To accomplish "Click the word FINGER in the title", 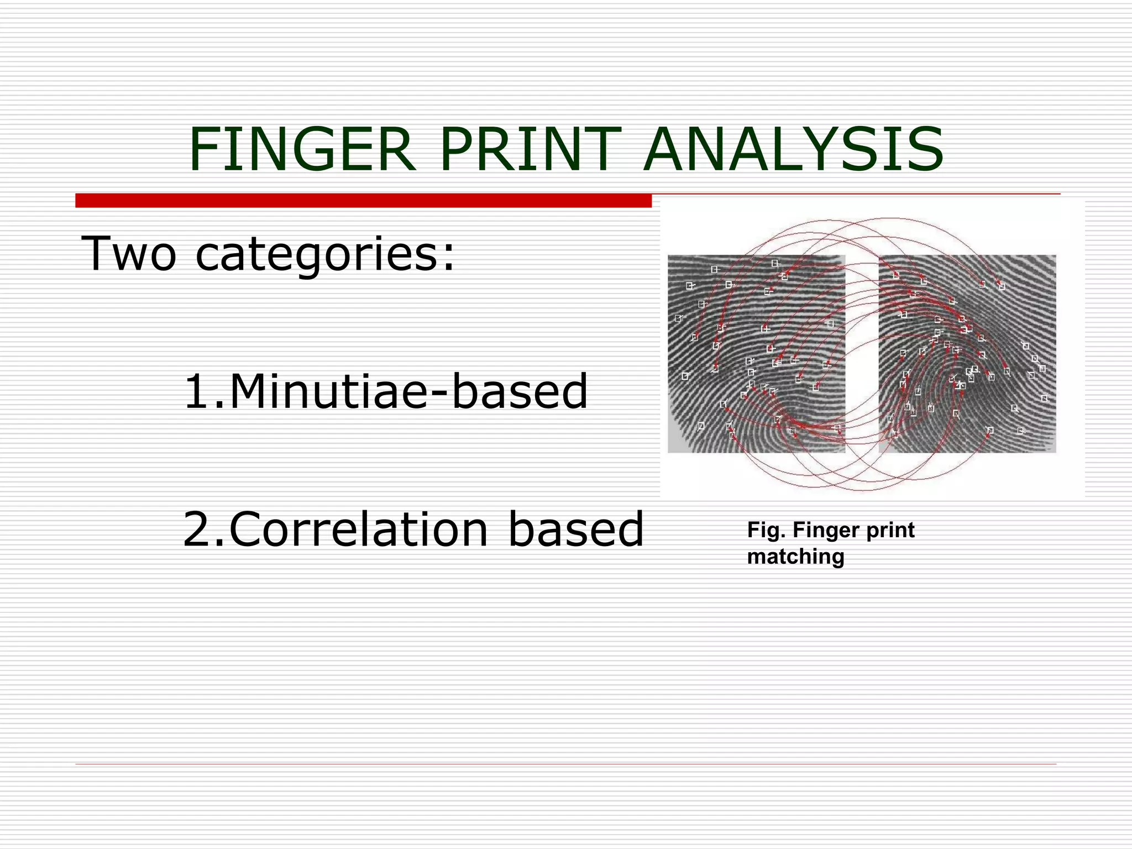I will pos(302,150).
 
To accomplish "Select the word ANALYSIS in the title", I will pos(794,150).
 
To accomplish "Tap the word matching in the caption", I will pos(795,557).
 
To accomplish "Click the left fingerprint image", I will pos(756,354).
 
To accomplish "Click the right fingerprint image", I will pos(967,354).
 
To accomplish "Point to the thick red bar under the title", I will pos(363,201).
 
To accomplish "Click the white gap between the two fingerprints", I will pos(862,354).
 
